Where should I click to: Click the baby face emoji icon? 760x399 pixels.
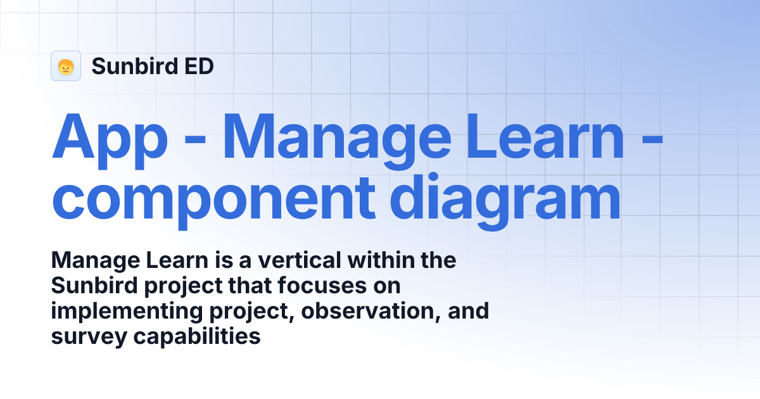point(66,66)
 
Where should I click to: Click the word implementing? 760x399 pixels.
point(115,312)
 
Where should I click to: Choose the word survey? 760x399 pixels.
point(89,337)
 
